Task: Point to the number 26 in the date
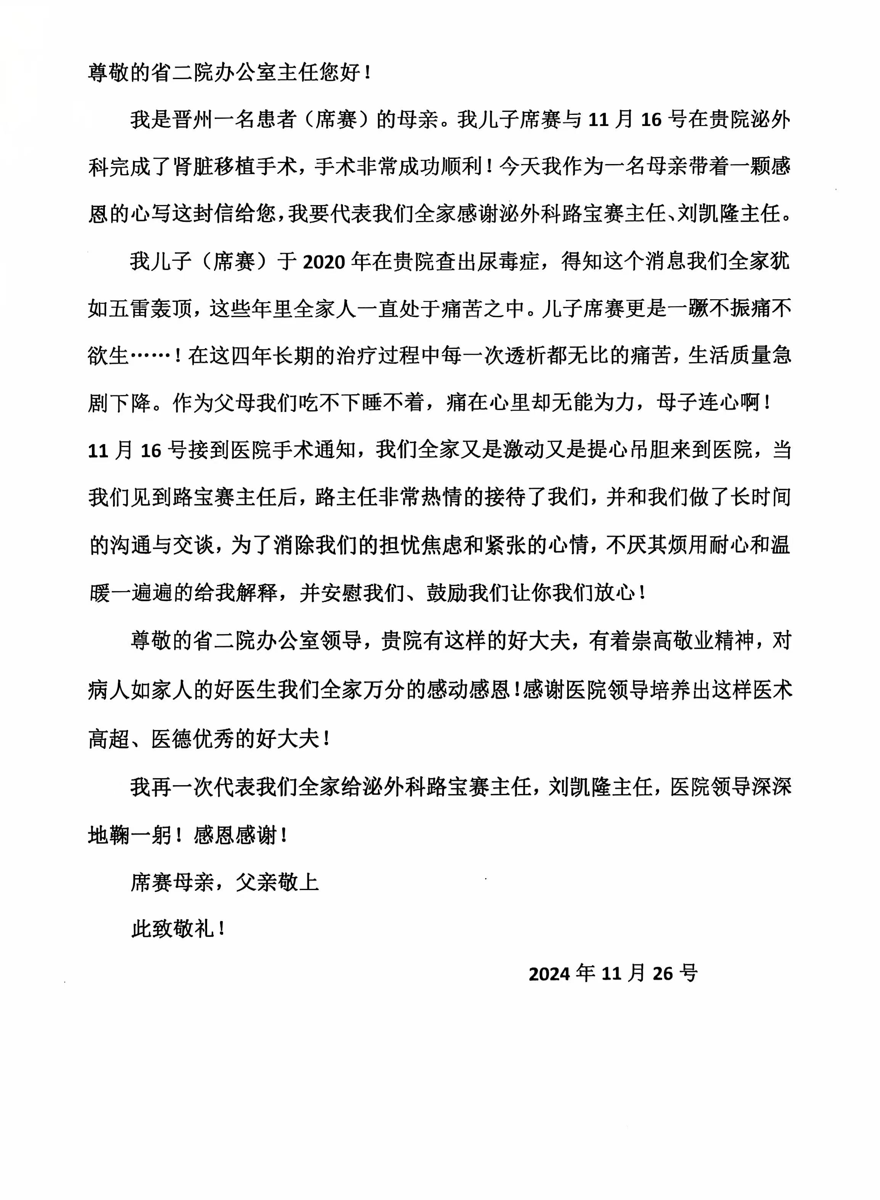(663, 974)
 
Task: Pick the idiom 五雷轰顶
(151, 309)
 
